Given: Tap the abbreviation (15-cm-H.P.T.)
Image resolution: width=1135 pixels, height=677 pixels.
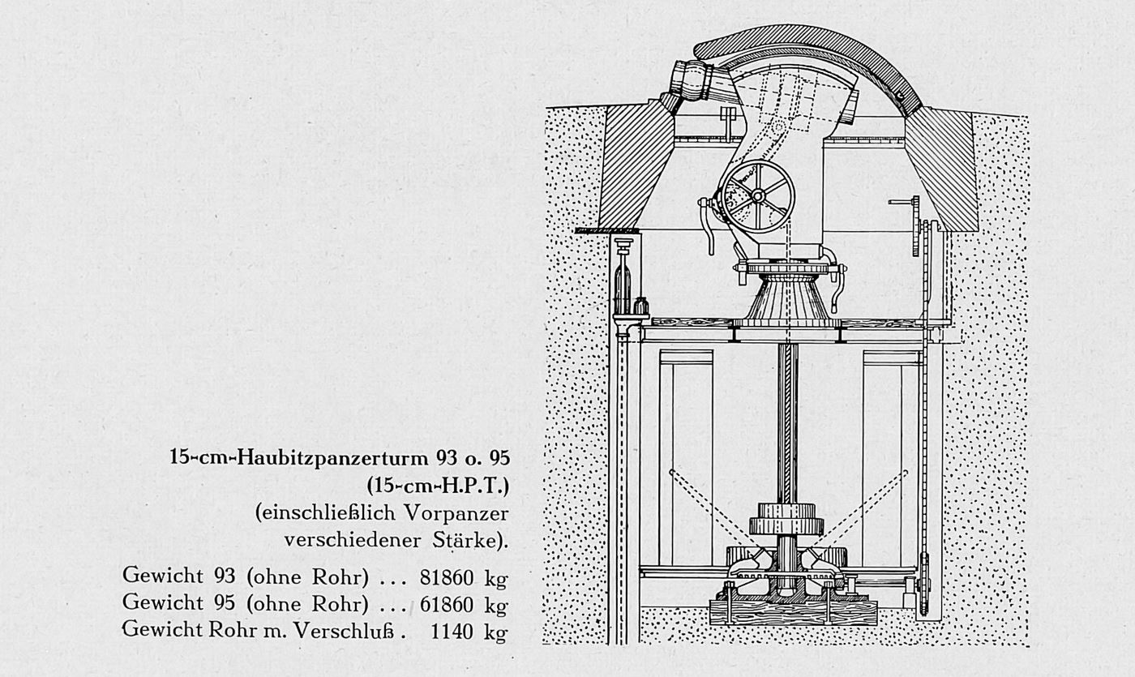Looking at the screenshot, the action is tap(438, 486).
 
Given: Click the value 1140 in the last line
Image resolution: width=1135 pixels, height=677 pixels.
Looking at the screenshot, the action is tap(452, 632).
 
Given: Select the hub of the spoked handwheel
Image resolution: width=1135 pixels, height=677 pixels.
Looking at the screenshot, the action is tap(758, 195).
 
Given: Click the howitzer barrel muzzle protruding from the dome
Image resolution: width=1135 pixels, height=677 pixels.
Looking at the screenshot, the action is tap(690, 83).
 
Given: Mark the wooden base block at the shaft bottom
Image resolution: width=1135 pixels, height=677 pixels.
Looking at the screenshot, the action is tap(793, 612).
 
